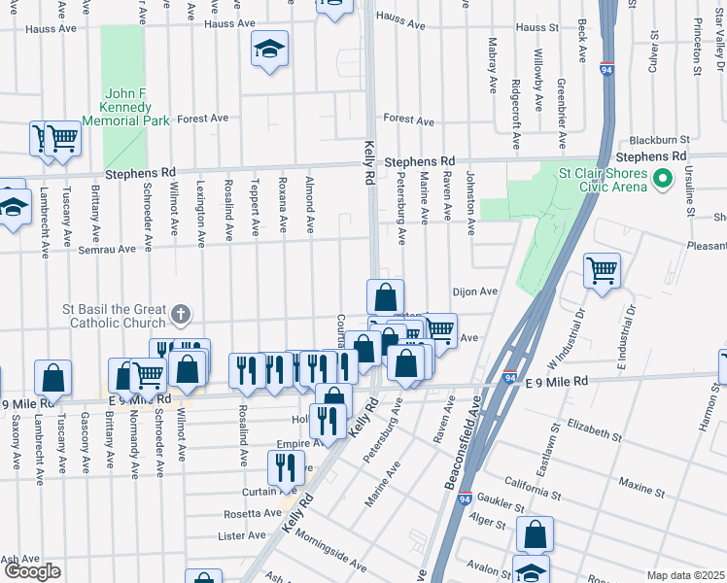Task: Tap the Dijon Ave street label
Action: point(474,291)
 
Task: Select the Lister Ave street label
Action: point(242,535)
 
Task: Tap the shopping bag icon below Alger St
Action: point(535,533)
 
